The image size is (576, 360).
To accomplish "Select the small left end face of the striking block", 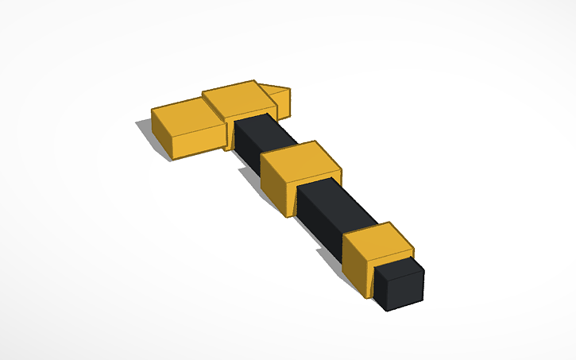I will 162,140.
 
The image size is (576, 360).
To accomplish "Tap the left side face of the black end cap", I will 382,291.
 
